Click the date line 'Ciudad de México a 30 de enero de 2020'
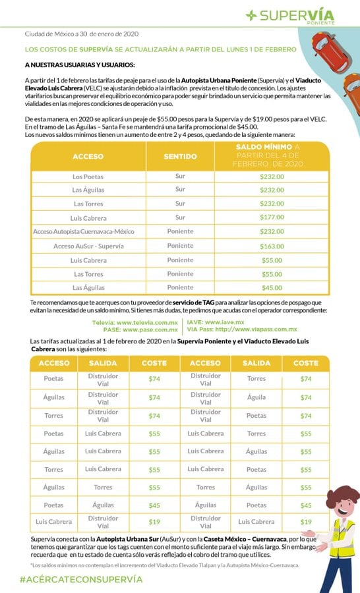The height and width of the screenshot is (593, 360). [x=82, y=34]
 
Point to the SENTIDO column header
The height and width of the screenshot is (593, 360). [x=180, y=157]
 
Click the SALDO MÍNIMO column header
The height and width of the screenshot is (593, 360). [x=271, y=155]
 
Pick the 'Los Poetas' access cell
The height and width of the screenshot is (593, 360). [x=88, y=177]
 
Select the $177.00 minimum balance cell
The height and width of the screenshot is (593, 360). [x=271, y=217]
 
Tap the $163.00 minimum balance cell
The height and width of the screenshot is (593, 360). [x=271, y=245]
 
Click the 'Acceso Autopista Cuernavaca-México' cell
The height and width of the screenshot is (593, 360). [x=88, y=231]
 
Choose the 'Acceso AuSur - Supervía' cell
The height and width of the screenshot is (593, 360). [x=88, y=245]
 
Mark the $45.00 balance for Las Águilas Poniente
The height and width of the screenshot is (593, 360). [x=271, y=287]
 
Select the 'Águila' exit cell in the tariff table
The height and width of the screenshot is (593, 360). [x=256, y=397]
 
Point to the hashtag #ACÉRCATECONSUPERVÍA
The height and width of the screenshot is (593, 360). [x=80, y=579]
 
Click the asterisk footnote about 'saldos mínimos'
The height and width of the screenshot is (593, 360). [x=165, y=565]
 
